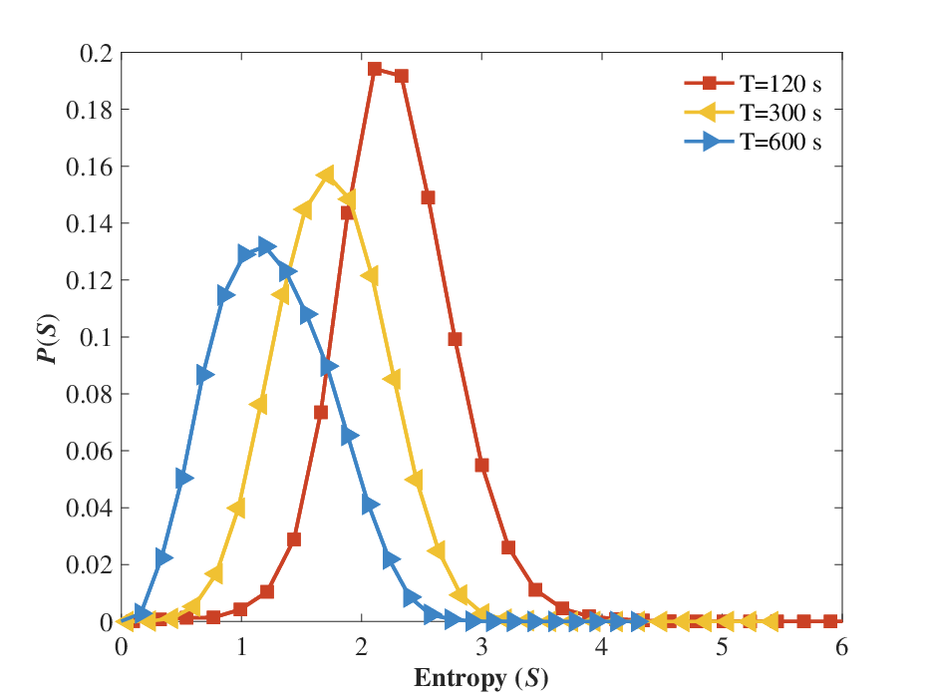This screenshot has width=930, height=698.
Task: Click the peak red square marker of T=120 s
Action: coord(374,69)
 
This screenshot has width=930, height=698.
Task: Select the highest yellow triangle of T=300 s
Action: coord(326,175)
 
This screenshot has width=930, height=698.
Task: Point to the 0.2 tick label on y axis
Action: coord(96,54)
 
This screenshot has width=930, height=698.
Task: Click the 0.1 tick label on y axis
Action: coord(96,337)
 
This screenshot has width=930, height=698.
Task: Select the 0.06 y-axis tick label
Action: coord(89,451)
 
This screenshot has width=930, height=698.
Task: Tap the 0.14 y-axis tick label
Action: coord(89,223)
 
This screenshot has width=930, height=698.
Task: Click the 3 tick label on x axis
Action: coord(481,646)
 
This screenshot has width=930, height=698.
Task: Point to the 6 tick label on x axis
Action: coord(841,646)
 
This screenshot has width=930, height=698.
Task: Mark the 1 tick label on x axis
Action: coord(241,646)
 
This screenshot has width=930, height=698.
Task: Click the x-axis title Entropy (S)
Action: coord(481,678)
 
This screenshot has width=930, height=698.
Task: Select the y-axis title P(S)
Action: coord(48,338)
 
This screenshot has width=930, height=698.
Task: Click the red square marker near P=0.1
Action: coord(455,339)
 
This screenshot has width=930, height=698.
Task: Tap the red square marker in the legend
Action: coord(709,83)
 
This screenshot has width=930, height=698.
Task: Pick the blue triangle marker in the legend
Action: coord(711,142)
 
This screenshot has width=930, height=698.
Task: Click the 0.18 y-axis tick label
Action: coord(89,110)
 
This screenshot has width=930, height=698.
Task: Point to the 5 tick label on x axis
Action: coord(722,646)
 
